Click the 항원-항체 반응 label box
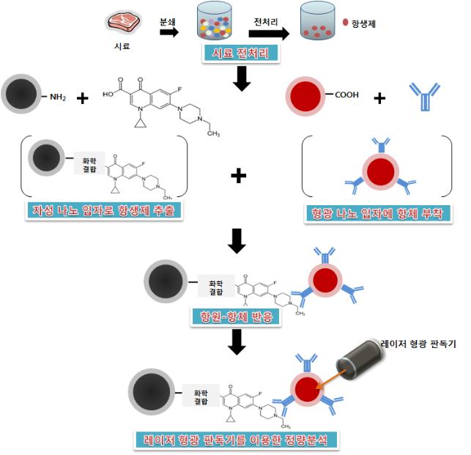coord(235,317)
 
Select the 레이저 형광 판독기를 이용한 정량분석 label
coord(236,440)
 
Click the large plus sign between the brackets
coord(238,175)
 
